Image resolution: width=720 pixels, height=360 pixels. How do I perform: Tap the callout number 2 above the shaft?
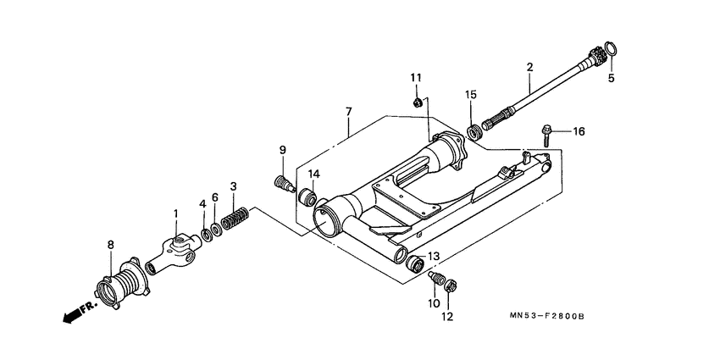tap(529, 66)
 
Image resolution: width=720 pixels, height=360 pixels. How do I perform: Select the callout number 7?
tap(348, 111)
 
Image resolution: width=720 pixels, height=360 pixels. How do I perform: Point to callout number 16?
tap(579, 131)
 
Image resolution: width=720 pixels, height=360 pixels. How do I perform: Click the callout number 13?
tap(433, 257)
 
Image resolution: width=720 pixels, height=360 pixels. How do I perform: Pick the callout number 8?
tap(110, 245)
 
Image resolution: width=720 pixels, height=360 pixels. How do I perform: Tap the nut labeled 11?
tap(418, 102)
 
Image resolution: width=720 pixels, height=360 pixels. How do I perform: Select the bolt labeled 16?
tap(546, 131)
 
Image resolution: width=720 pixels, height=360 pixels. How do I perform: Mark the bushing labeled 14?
tap(310, 198)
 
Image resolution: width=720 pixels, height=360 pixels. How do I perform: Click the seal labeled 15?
tap(474, 132)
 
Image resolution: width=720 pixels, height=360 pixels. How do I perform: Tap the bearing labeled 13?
tap(416, 265)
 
